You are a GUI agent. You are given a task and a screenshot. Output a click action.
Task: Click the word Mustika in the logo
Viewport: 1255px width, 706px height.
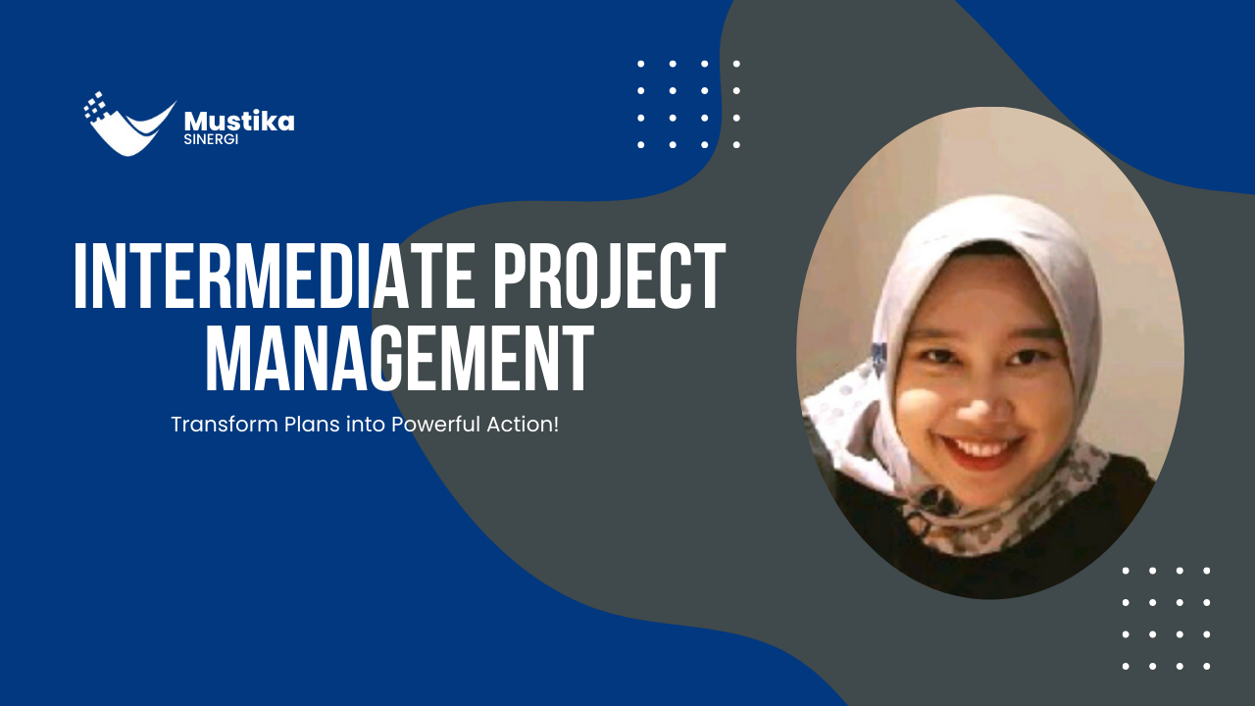[239, 122]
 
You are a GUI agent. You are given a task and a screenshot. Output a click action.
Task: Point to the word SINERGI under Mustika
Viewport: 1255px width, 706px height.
[211, 139]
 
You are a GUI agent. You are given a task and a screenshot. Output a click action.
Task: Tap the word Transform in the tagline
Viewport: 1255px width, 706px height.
[210, 426]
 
